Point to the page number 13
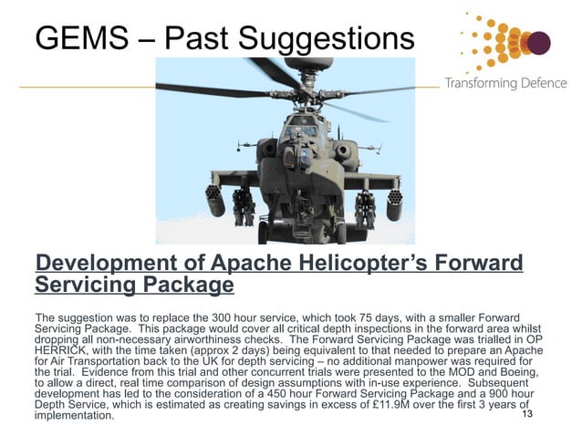click(525, 414)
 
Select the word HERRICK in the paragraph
click(60, 349)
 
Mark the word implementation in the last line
click(74, 416)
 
